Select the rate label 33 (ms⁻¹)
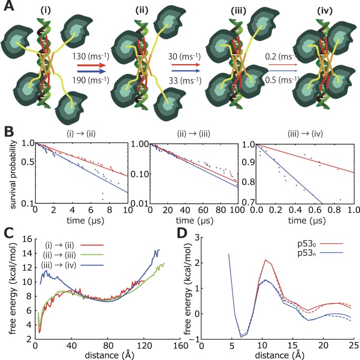coord(181,80)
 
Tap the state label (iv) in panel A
coord(318,9)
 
